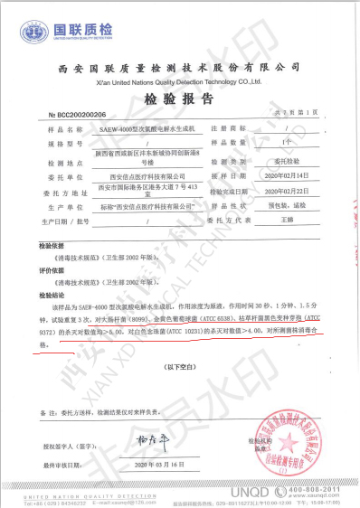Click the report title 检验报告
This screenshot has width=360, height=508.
(180, 99)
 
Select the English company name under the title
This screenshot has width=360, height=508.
(180, 80)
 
